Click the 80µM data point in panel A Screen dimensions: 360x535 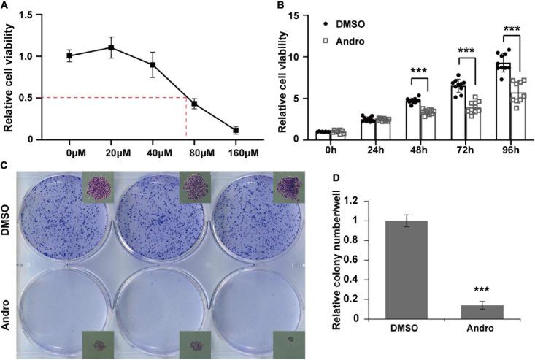click(x=194, y=104)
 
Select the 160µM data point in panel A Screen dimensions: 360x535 click(x=236, y=130)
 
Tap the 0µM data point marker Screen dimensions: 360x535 click(x=70, y=55)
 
